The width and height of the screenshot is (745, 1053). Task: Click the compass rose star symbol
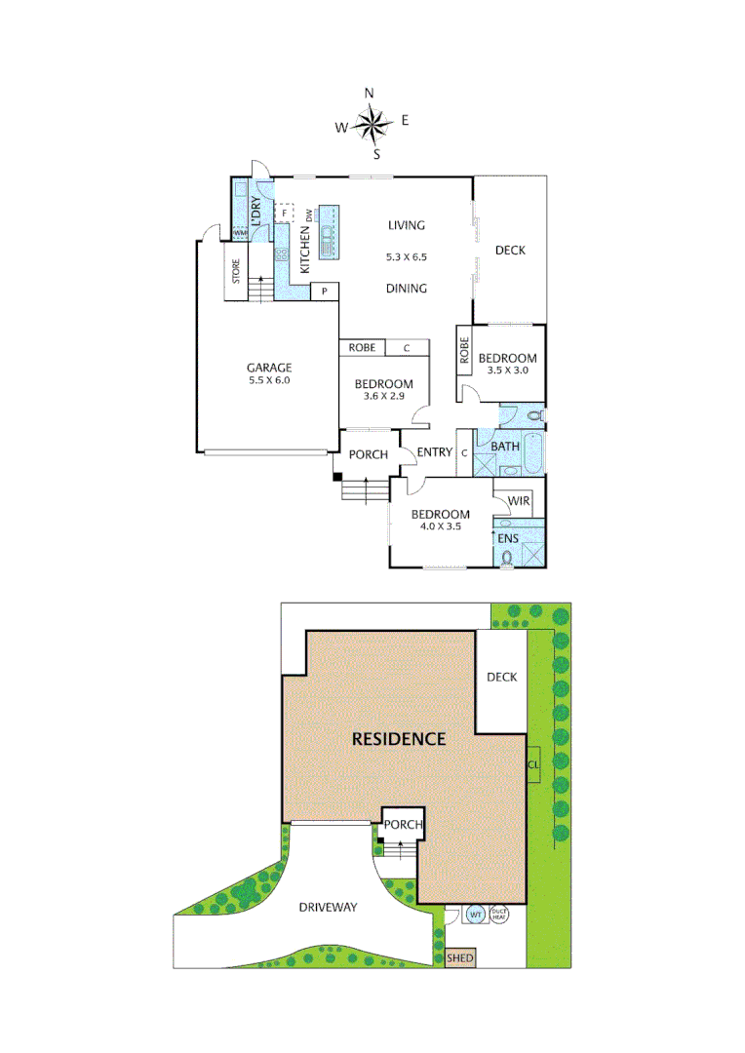point(372,123)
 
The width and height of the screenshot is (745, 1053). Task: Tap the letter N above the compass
point(370,93)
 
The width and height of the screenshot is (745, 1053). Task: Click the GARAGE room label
point(268,368)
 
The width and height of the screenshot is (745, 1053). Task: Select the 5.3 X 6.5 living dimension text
point(407,257)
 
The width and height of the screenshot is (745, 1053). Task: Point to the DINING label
point(406,288)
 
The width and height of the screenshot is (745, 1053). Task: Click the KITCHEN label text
point(304,249)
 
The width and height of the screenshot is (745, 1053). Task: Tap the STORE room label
point(236,270)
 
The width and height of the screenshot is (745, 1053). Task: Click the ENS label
point(508,538)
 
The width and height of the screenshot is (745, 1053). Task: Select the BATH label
point(504,447)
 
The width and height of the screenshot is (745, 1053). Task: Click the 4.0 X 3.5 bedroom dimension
point(439,526)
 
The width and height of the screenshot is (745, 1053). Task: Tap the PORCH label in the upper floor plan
point(369,454)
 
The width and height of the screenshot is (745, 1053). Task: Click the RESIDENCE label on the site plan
point(398,738)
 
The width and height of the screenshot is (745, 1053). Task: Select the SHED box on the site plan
point(459,958)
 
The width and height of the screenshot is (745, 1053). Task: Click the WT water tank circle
point(476,915)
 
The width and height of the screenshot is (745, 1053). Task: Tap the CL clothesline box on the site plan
point(532,763)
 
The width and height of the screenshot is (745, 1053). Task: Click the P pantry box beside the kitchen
point(323,291)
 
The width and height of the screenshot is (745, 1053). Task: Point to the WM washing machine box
point(239,233)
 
